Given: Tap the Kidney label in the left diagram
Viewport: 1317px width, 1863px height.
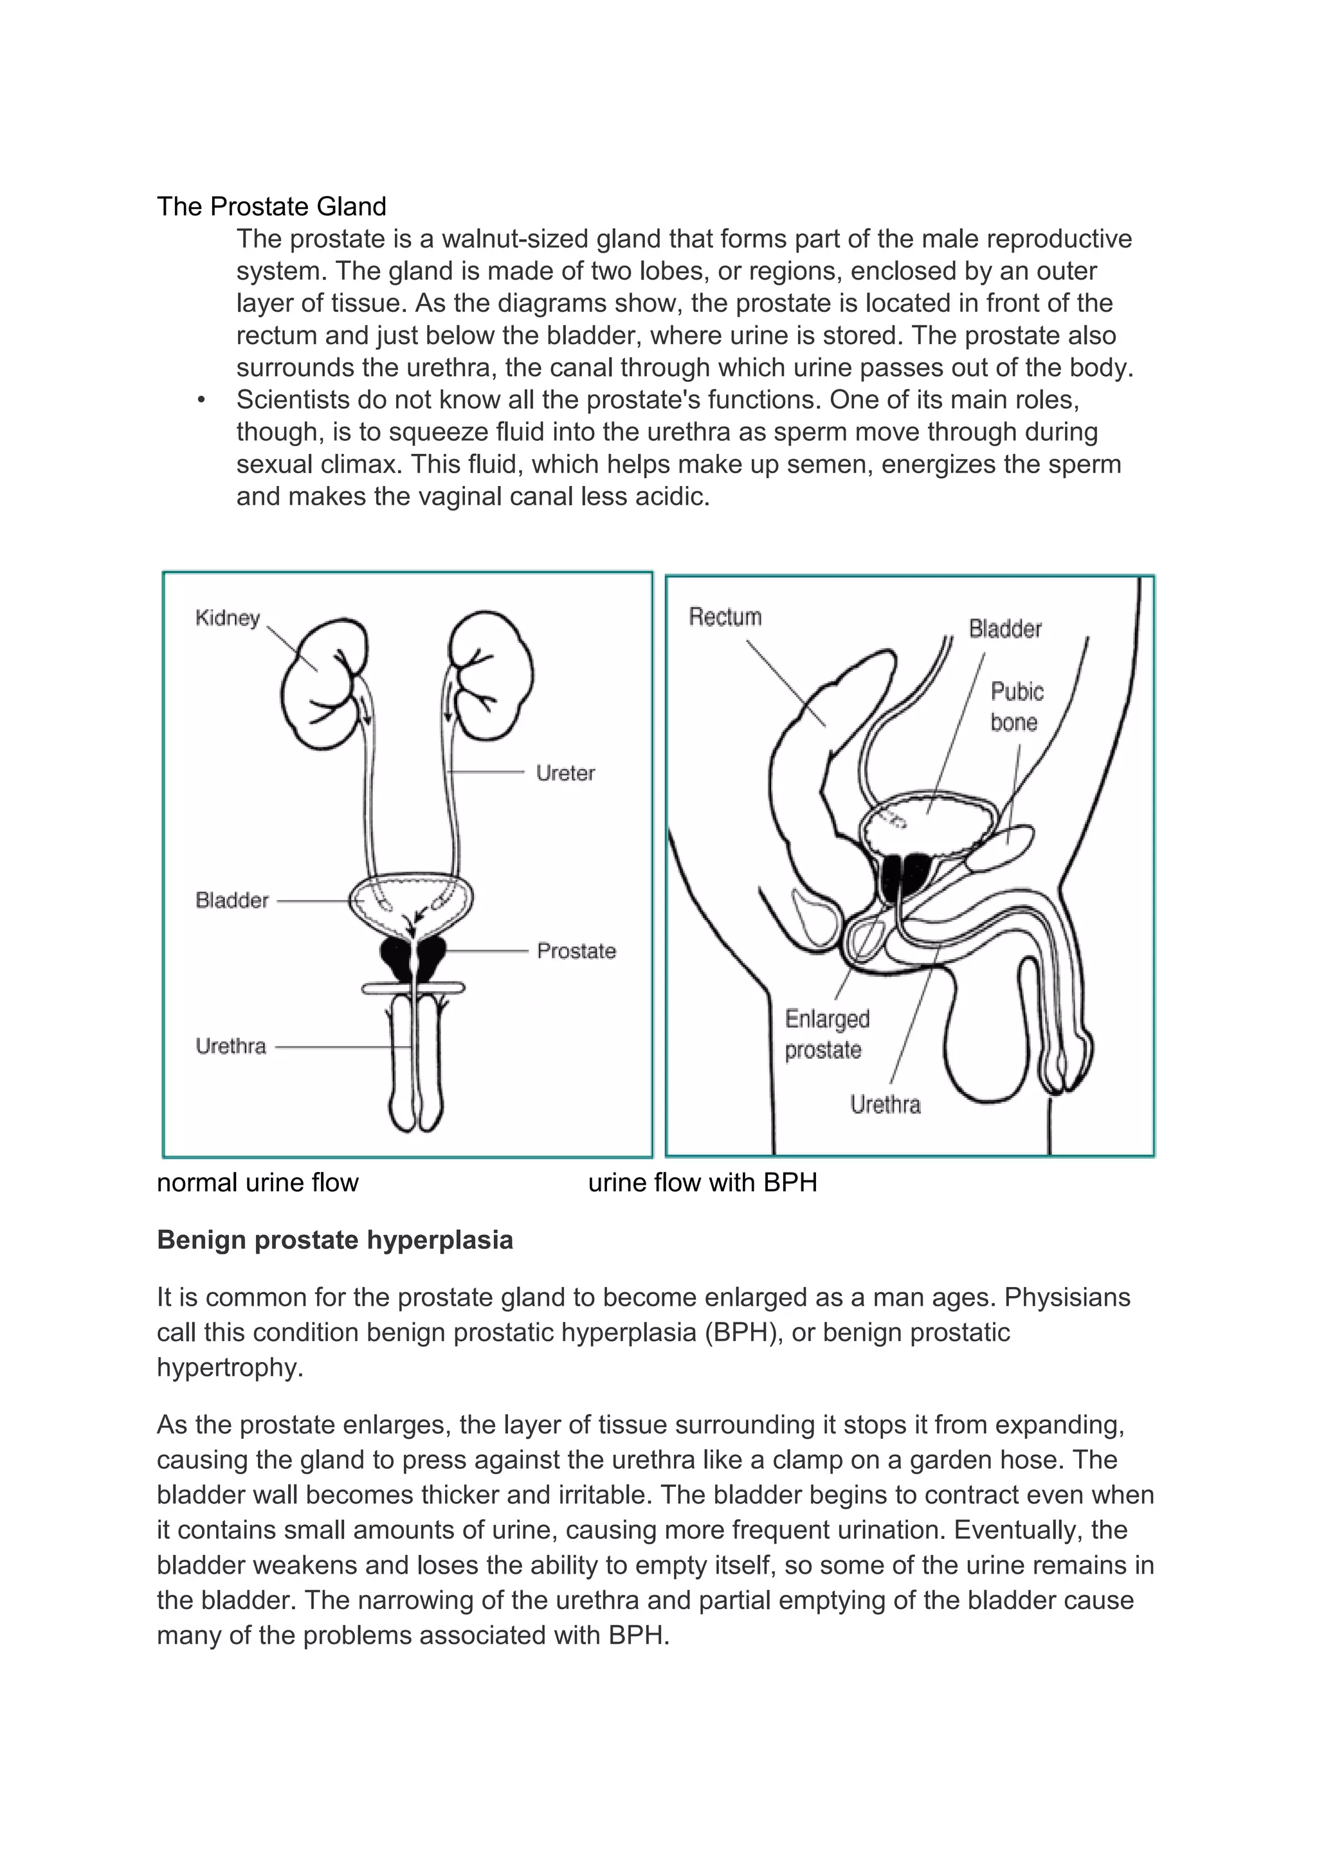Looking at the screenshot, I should tap(227, 618).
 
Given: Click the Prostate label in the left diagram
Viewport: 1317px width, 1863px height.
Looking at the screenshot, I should tap(576, 951).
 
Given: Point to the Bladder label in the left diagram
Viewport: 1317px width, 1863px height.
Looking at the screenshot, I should tap(232, 901).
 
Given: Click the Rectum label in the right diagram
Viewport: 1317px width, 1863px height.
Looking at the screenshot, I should tap(725, 618).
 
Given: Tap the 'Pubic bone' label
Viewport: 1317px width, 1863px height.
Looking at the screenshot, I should tap(1016, 706).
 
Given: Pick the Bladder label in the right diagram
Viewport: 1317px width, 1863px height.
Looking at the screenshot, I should tap(1004, 629).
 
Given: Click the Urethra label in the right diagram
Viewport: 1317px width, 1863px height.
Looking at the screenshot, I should tap(886, 1105).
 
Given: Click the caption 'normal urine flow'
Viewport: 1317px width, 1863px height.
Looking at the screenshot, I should tap(257, 1183).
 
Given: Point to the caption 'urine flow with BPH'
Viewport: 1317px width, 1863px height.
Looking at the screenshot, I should tap(702, 1183).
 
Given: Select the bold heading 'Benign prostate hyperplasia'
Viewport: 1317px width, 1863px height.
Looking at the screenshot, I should tap(334, 1241).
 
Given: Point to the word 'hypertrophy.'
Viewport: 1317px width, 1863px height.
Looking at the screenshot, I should tap(230, 1367).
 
